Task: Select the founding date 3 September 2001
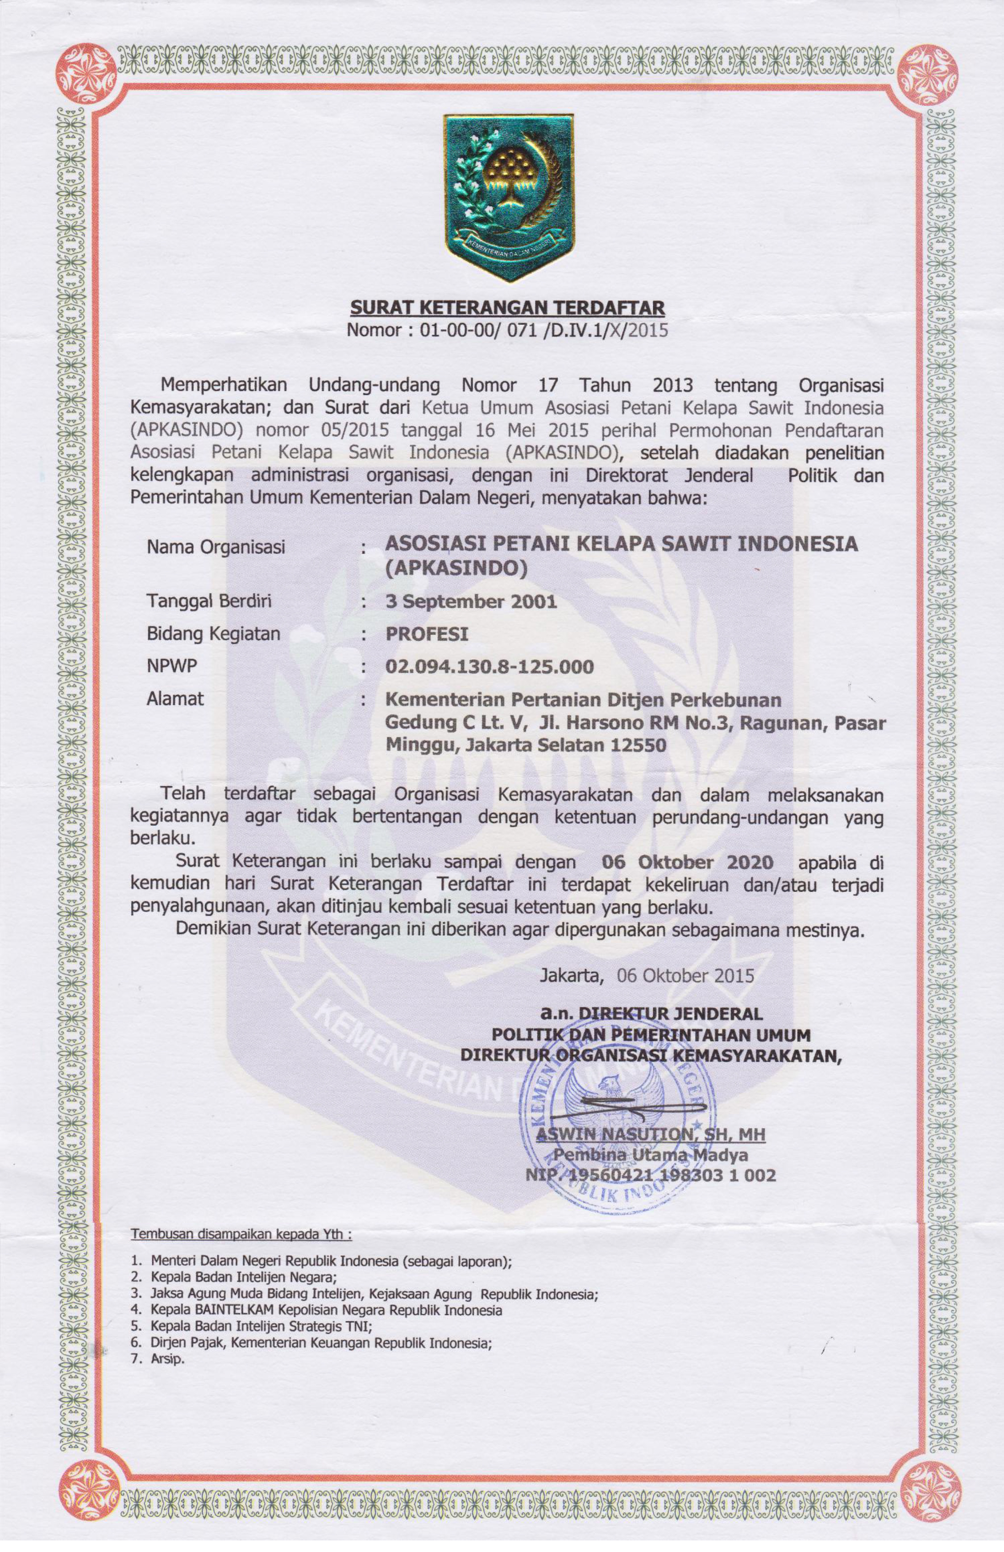click(x=471, y=601)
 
